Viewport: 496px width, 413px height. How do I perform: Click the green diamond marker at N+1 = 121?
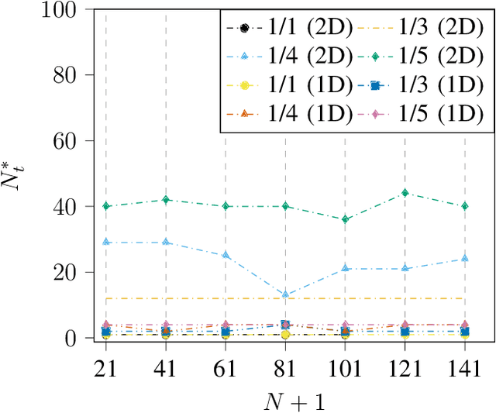[405, 193]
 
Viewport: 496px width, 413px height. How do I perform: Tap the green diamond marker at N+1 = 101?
[345, 219]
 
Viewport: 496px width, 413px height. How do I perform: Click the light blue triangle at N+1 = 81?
[285, 294]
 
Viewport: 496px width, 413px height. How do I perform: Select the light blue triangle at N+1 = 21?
[106, 243]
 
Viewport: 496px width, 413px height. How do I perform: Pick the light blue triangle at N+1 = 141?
[465, 259]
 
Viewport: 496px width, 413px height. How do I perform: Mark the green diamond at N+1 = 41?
[166, 200]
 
